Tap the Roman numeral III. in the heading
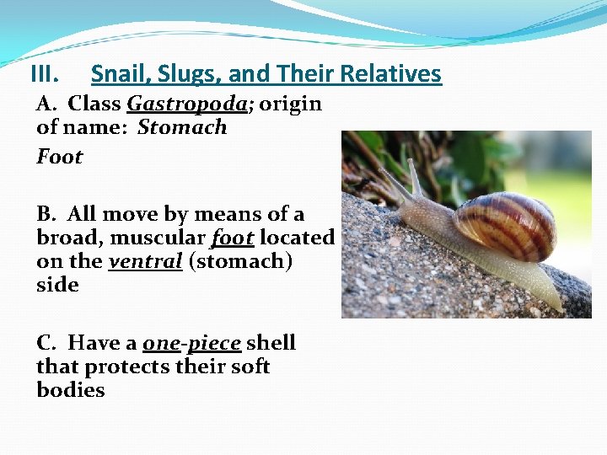[x=44, y=74]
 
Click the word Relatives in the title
[x=390, y=74]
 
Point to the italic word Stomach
[x=182, y=128]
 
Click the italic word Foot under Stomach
[x=59, y=157]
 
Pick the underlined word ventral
[x=146, y=261]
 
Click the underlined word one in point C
[x=161, y=344]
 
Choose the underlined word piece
[x=214, y=344]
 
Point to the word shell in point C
[x=271, y=344]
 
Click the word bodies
[x=71, y=391]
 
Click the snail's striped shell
[x=505, y=225]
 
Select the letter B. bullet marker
[x=48, y=215]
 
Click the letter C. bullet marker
[x=48, y=344]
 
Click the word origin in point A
[x=289, y=104]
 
